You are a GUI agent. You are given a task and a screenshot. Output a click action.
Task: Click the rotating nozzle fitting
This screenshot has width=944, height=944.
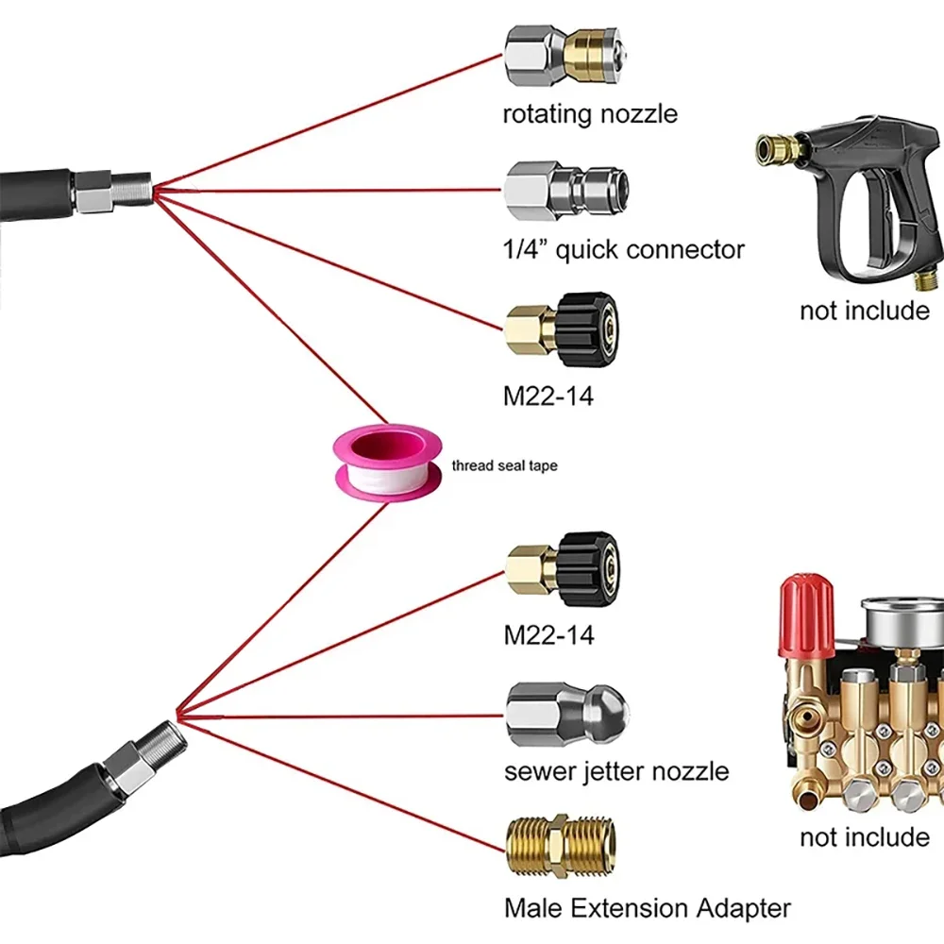click(x=565, y=56)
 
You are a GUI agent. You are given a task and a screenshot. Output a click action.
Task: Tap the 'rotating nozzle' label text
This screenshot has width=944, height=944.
click(x=590, y=114)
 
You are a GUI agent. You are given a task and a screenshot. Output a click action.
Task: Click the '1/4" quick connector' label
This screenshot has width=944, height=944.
click(x=624, y=249)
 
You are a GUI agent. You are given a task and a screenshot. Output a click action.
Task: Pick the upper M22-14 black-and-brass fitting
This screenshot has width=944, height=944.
click(x=563, y=329)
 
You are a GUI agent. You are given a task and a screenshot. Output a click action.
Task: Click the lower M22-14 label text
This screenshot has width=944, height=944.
click(x=548, y=635)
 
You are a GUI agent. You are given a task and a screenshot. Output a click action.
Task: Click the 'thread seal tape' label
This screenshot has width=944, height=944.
click(x=504, y=465)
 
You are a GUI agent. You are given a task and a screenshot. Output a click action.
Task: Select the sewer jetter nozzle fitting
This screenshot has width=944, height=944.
click(x=567, y=714)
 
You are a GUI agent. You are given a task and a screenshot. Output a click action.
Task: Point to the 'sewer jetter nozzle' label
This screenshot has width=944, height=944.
click(x=616, y=771)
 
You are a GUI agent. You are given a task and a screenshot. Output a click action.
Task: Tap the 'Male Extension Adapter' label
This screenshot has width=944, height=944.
click(x=648, y=908)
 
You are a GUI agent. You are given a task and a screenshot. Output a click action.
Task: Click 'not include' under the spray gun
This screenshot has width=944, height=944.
click(x=865, y=311)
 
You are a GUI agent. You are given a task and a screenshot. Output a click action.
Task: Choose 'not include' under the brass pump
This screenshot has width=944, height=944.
click(x=865, y=837)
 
